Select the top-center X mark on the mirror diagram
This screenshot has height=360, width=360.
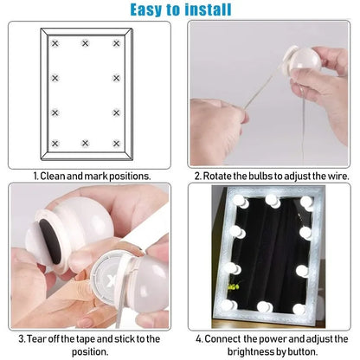[x=86, y=42]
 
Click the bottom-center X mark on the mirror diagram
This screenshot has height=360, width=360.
[x=86, y=143]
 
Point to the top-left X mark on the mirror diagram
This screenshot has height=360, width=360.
[x=55, y=42]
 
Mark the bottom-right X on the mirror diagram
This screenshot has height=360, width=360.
[x=116, y=143]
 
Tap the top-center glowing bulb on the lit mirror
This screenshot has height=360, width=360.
[x=273, y=201]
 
